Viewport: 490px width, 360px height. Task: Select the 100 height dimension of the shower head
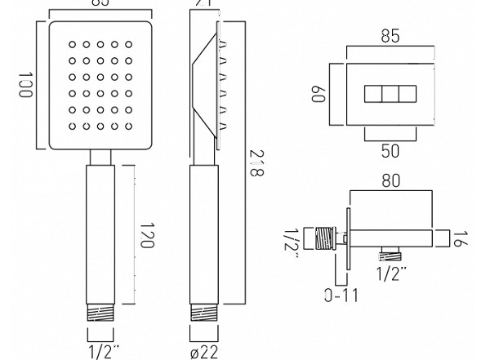tap(24, 84)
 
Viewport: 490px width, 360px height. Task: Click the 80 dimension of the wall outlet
tap(391, 181)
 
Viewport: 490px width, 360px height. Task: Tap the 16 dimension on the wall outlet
tap(462, 238)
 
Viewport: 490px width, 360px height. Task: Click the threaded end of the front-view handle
tap(101, 313)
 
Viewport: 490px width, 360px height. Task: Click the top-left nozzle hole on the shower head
tap(72, 44)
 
